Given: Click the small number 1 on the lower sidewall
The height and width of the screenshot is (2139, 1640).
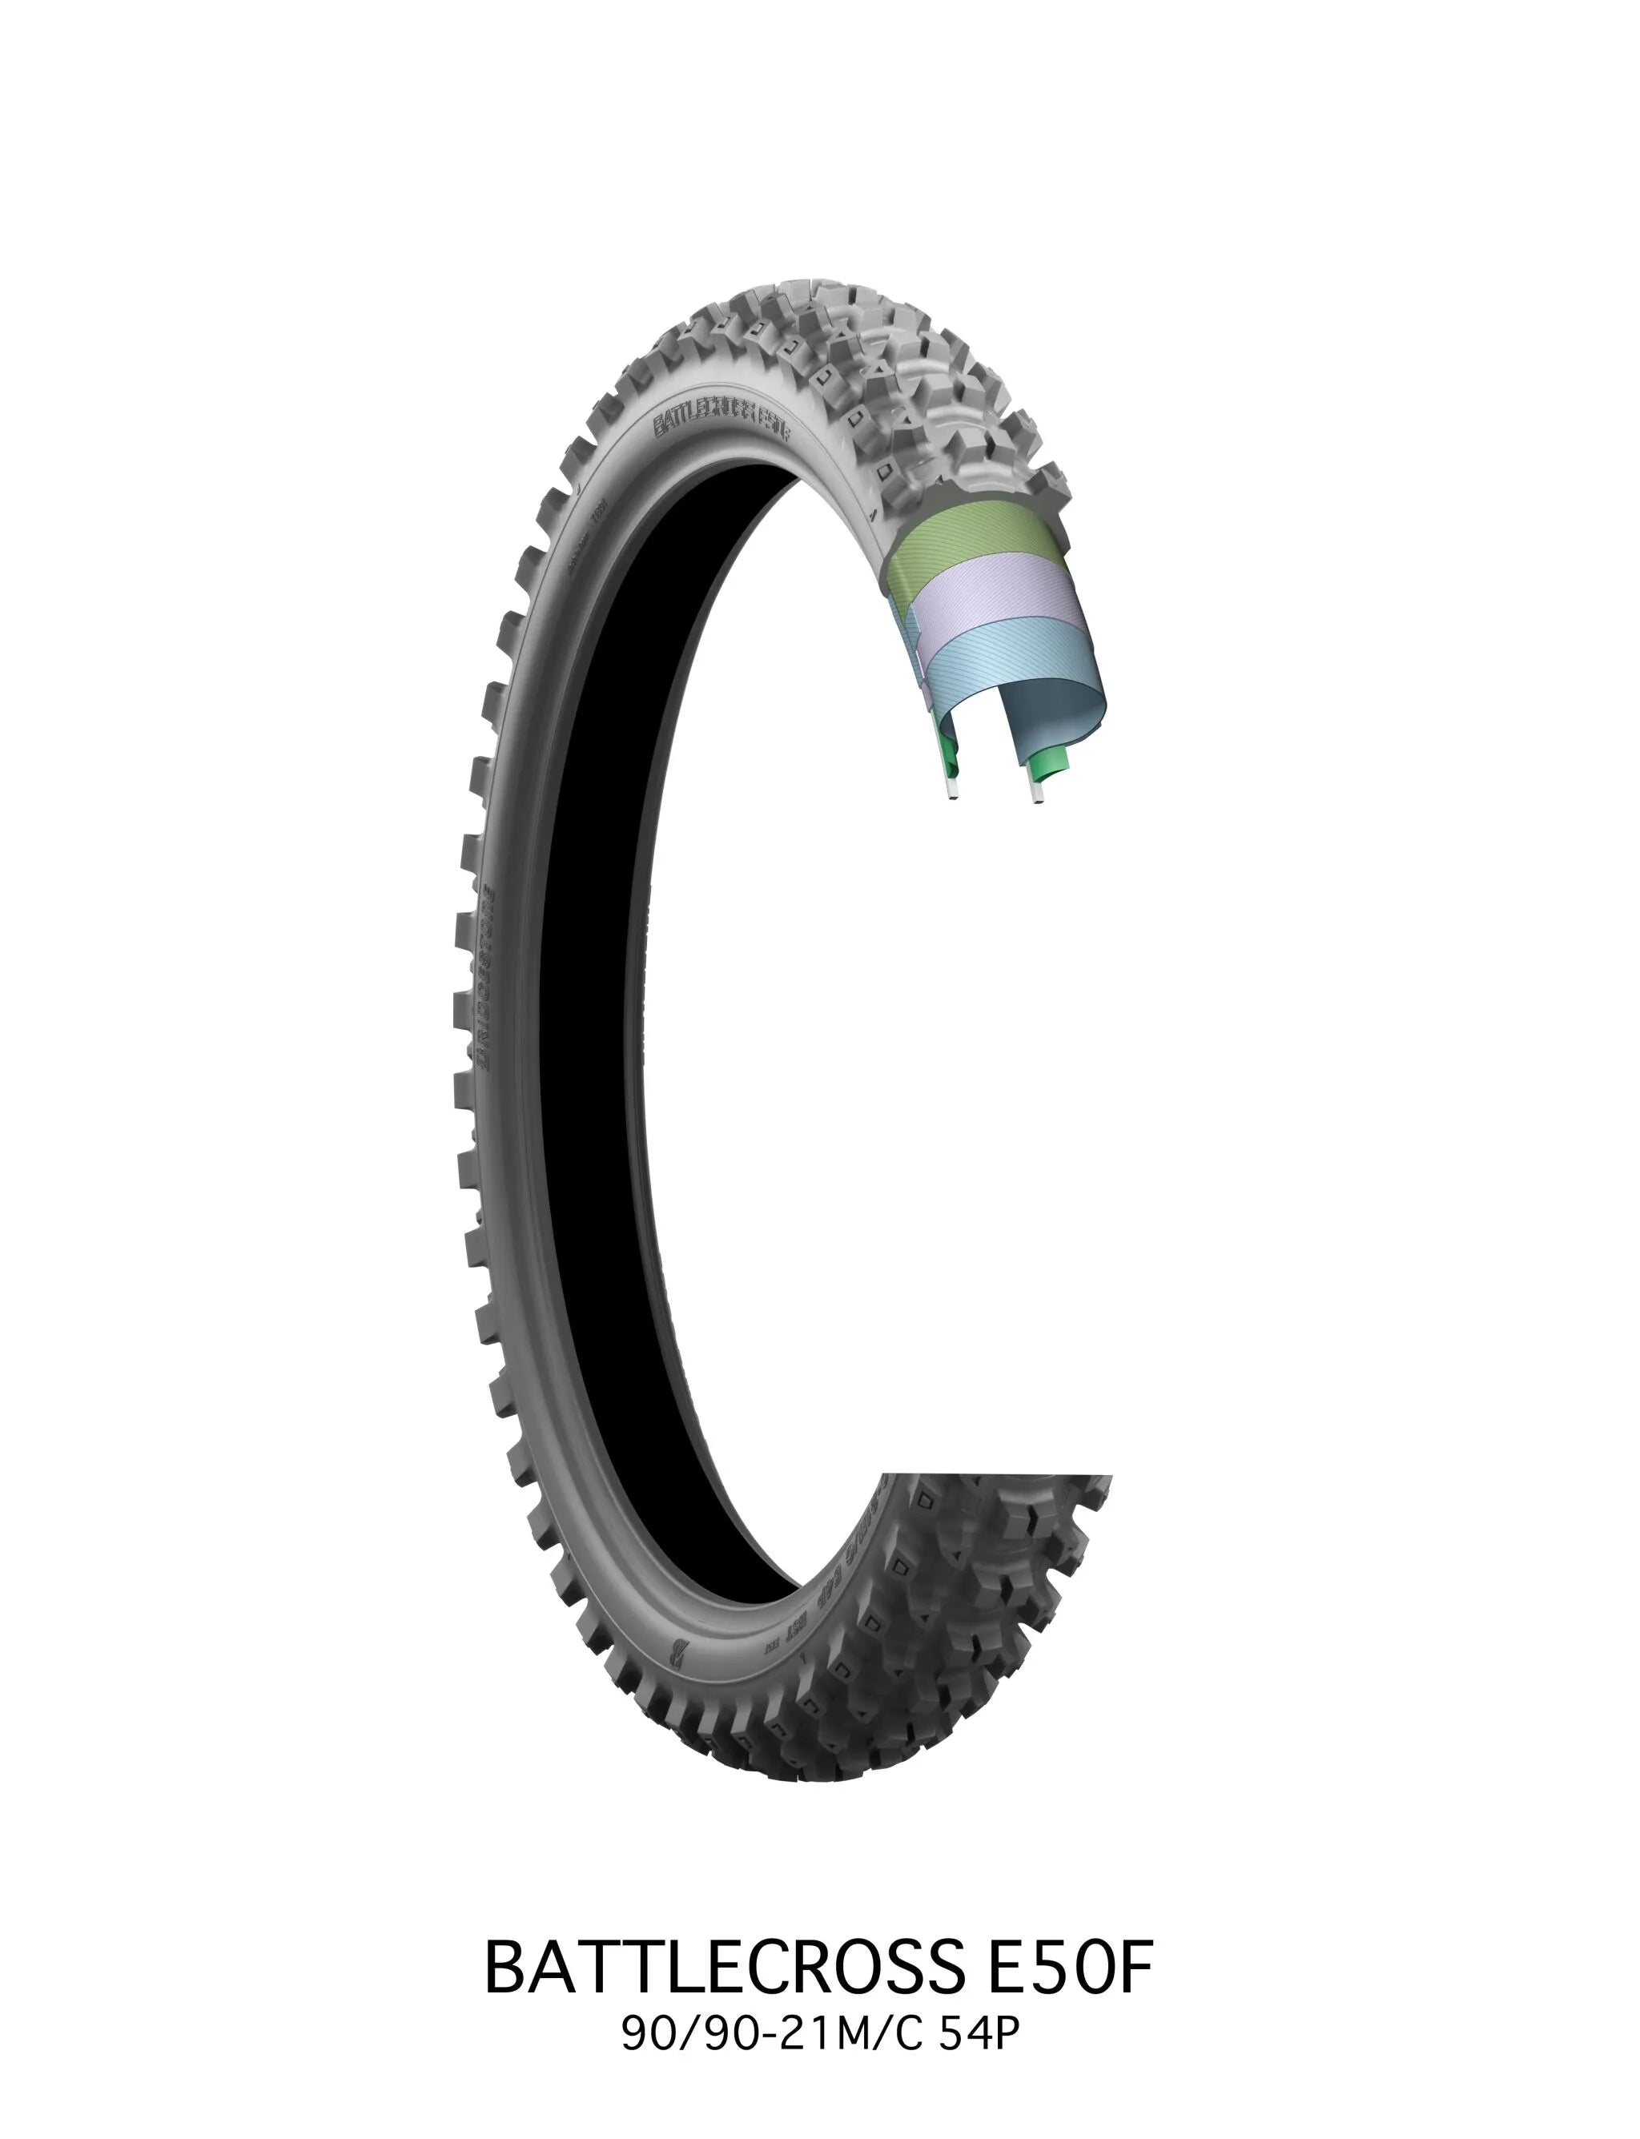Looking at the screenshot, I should (803, 1658).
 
